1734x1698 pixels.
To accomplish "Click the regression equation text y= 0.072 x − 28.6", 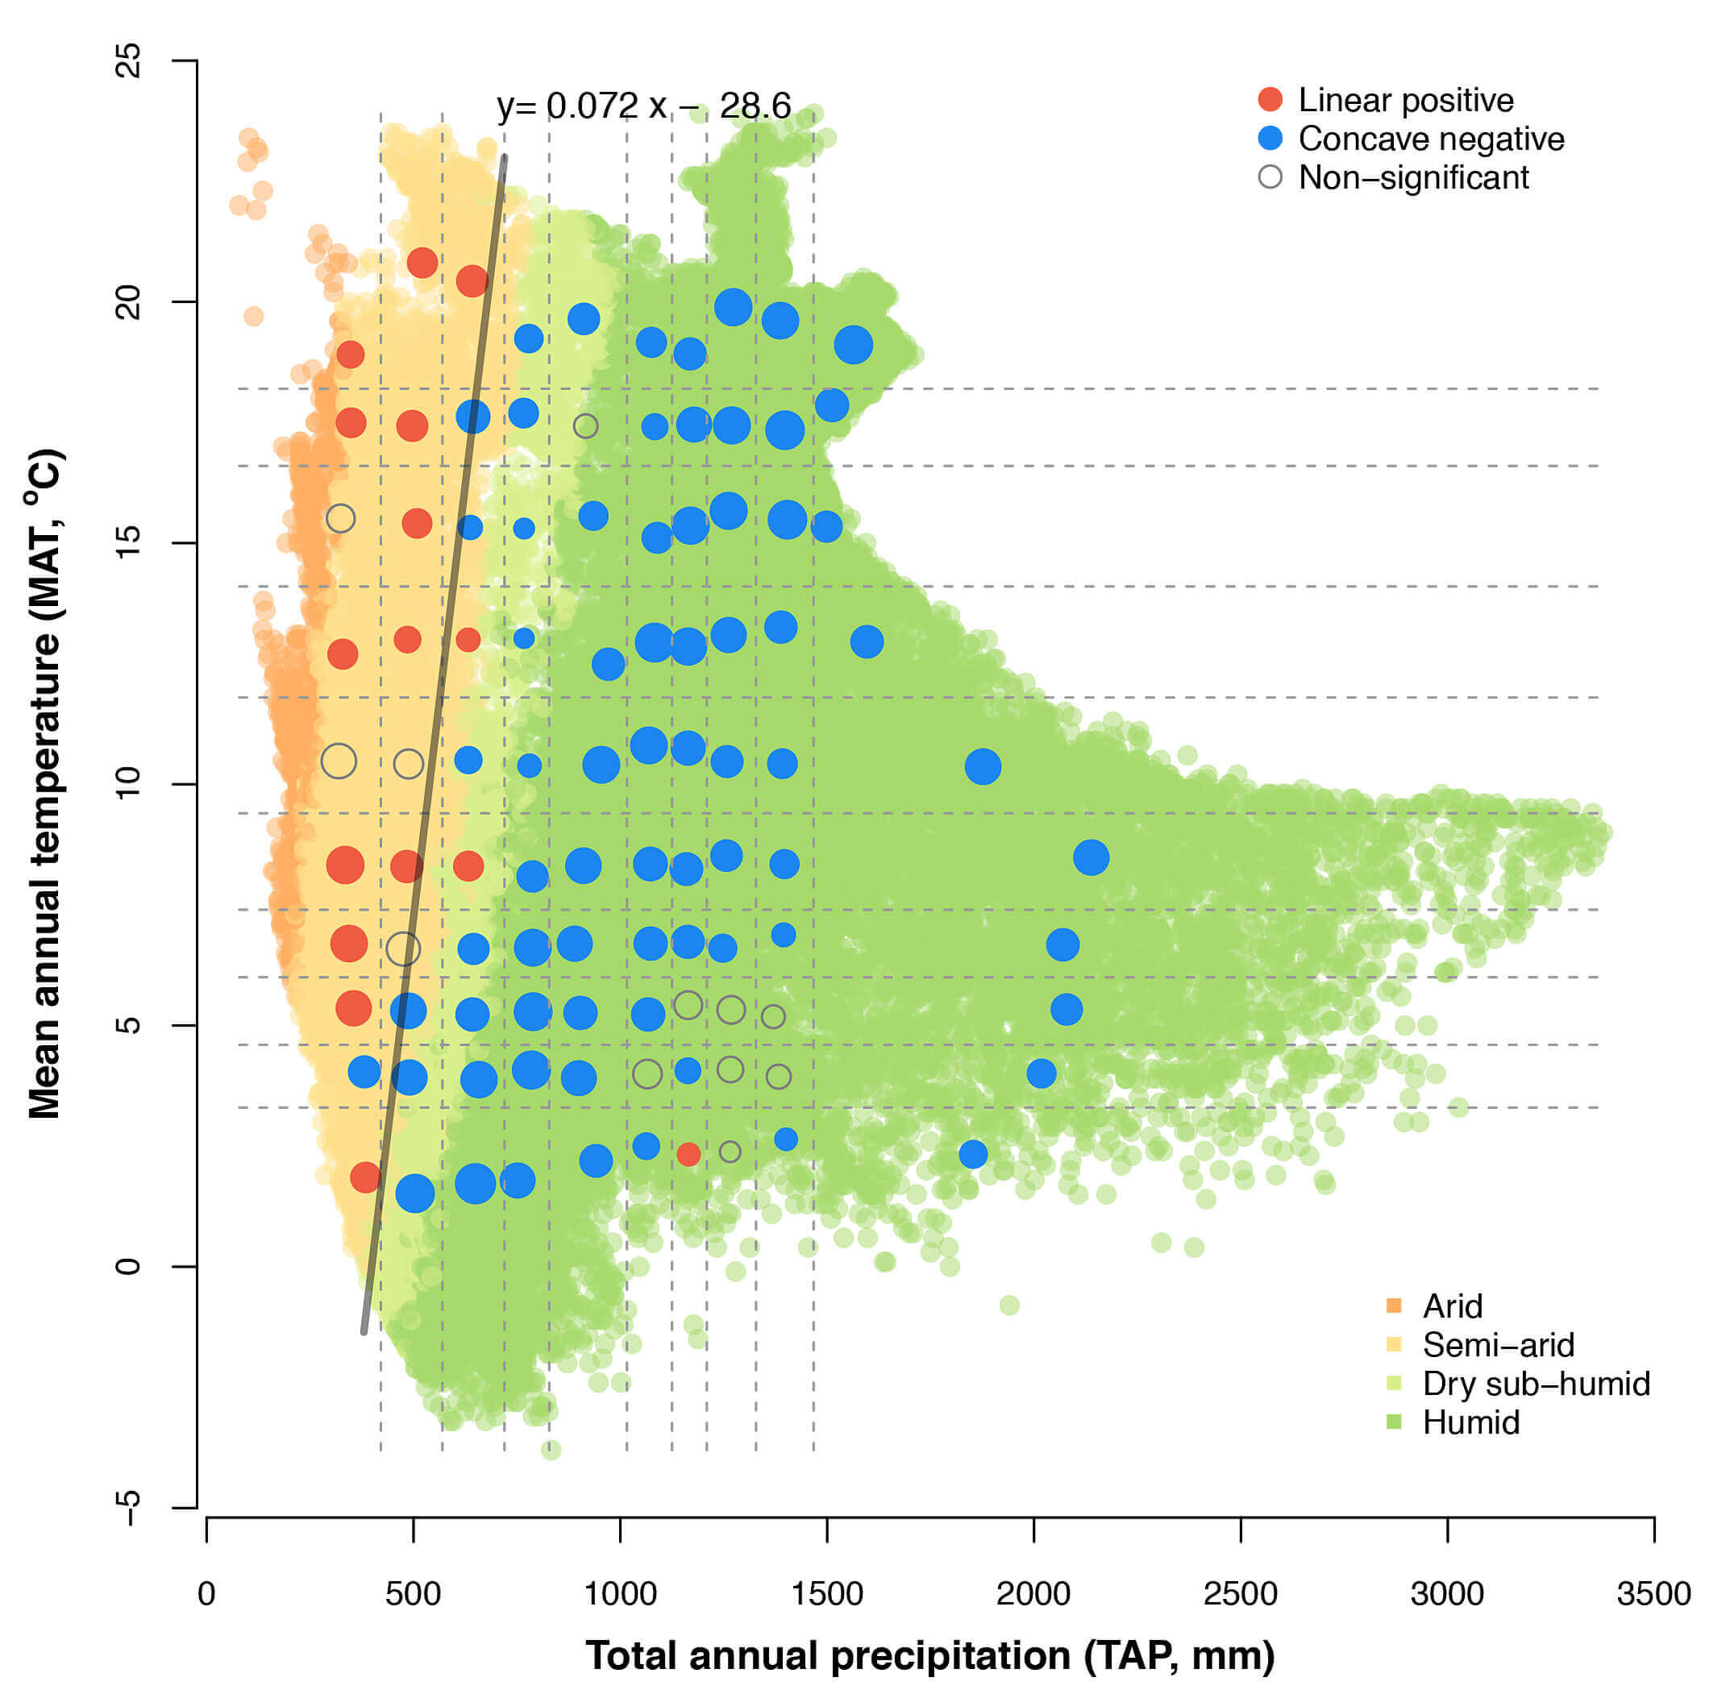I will coord(643,106).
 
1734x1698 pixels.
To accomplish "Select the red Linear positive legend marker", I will coord(1270,100).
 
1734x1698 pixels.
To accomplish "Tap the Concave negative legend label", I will coord(1431,139).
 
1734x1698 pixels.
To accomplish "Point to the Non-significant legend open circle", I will coord(1270,177).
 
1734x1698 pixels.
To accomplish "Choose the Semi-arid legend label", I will coord(1499,1345).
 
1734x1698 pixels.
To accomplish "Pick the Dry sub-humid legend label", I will coord(1536,1383).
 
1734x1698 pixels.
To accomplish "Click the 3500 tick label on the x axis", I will coord(1653,1594).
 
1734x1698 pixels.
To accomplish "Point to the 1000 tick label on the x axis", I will coord(620,1594).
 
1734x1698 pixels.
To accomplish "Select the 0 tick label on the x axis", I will coord(207,1594).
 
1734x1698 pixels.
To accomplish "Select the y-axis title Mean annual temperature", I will coord(44,783).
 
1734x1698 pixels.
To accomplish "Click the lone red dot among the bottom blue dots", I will coord(688,1154).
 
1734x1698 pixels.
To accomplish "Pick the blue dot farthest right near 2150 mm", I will coord(1091,857).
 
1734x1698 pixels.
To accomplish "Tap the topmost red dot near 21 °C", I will coord(422,263).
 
